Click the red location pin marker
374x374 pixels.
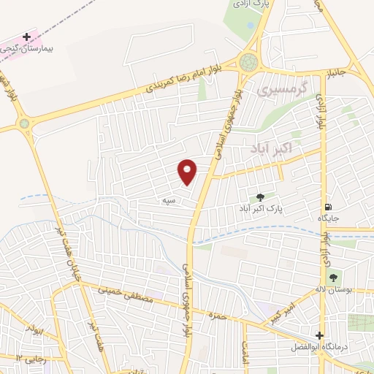pyautogui.click(x=188, y=172)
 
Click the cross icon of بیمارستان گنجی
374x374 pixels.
pyautogui.click(x=27, y=36)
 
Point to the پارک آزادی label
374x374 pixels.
pyautogui.click(x=248, y=4)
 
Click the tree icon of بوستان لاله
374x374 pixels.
pyautogui.click(x=333, y=278)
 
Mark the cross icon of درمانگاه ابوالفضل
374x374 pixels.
pyautogui.click(x=319, y=335)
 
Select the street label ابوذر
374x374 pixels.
pyautogui.click(x=35, y=328)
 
